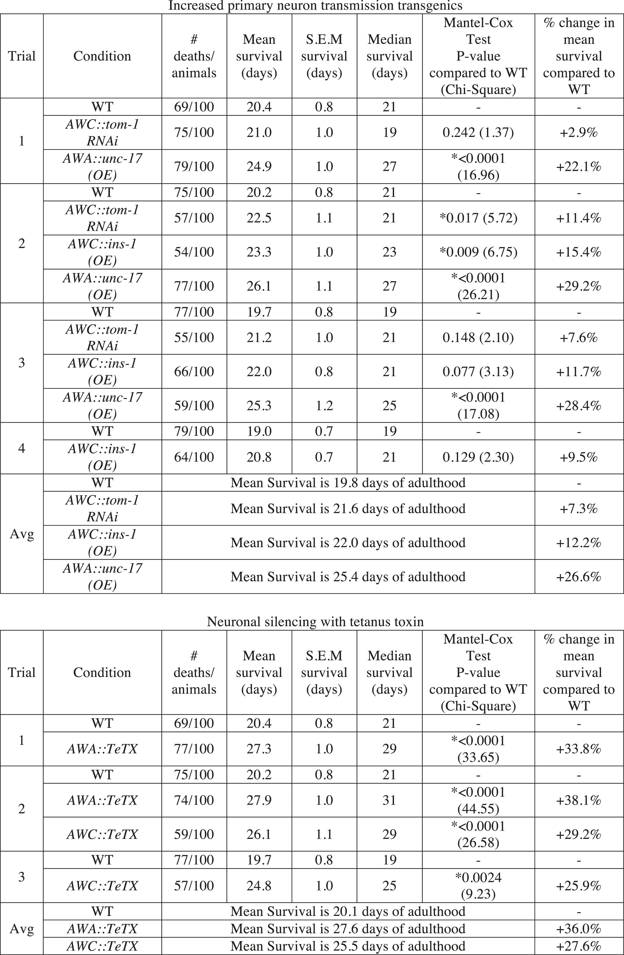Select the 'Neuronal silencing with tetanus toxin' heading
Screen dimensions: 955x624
pos(315,622)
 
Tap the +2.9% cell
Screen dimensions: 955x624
pos(579,132)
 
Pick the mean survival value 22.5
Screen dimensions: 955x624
pos(259,218)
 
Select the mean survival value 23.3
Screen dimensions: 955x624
pos(259,252)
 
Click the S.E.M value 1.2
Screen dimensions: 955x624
pos(324,405)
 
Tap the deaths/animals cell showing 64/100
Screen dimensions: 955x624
pos(194,457)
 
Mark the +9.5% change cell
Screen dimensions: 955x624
pos(579,457)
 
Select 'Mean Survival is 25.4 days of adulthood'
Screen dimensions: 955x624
pos(348,577)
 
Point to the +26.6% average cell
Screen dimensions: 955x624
pos(579,577)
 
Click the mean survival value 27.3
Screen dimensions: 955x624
pos(259,749)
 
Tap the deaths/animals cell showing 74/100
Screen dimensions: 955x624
pos(194,800)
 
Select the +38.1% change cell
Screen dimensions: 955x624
pos(579,800)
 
